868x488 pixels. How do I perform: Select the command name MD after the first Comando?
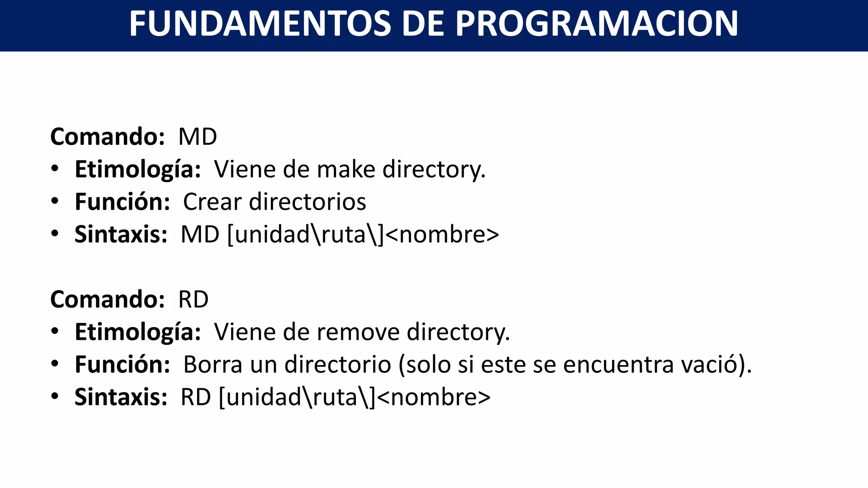point(198,137)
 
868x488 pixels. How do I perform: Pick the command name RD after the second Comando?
point(193,299)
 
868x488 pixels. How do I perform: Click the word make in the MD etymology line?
point(346,169)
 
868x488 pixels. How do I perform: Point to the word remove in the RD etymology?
point(358,332)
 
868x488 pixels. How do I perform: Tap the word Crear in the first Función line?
point(212,202)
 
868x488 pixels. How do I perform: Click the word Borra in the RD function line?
point(213,365)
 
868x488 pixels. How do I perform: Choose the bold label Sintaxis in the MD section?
point(121,234)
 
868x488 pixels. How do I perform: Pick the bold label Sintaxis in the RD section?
point(121,397)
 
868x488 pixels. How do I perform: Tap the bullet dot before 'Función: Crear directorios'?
point(55,201)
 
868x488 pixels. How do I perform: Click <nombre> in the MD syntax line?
point(442,235)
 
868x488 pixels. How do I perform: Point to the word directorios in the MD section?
point(307,202)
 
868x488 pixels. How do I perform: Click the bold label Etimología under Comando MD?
point(137,169)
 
